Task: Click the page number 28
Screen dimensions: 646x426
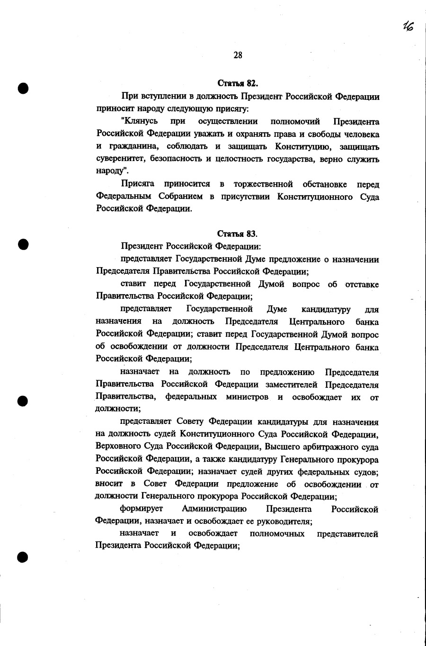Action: point(238,55)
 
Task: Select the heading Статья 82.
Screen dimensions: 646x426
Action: point(237,84)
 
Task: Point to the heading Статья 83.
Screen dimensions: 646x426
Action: point(237,233)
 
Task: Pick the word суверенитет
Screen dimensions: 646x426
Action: point(120,159)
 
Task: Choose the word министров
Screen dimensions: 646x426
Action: point(247,397)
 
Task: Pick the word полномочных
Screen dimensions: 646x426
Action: point(277,534)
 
